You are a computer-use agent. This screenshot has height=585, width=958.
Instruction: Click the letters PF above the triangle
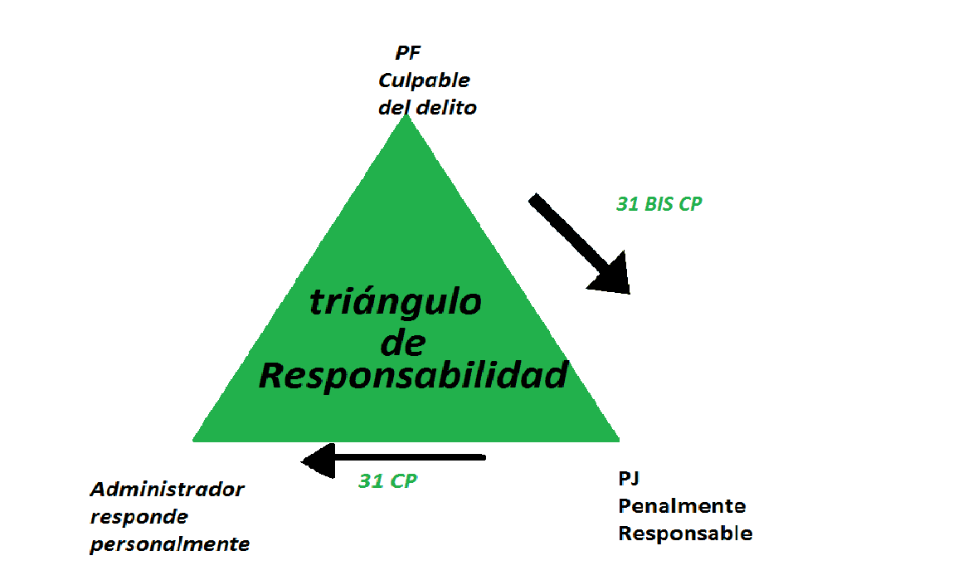(x=407, y=54)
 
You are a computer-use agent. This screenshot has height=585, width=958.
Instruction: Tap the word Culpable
(x=424, y=80)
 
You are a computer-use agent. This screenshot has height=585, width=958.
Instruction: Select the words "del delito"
(x=427, y=107)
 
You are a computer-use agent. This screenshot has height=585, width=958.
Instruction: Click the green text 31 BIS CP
(x=659, y=203)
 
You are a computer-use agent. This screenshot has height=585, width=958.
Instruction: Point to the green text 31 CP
(x=387, y=480)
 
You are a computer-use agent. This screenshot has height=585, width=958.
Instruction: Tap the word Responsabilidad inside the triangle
(x=413, y=377)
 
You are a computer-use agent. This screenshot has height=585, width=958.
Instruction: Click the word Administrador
(x=167, y=489)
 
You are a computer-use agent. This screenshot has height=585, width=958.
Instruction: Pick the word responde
(x=139, y=516)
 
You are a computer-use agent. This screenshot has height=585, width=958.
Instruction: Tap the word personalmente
(x=170, y=544)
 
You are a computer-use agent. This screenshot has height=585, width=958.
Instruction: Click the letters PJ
(x=629, y=479)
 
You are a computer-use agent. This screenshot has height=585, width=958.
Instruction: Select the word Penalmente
(x=682, y=505)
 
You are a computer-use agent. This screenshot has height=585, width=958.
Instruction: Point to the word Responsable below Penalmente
(x=685, y=533)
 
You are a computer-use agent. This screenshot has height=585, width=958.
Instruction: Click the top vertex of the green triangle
(x=406, y=116)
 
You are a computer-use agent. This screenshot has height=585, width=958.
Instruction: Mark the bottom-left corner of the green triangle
(x=195, y=438)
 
